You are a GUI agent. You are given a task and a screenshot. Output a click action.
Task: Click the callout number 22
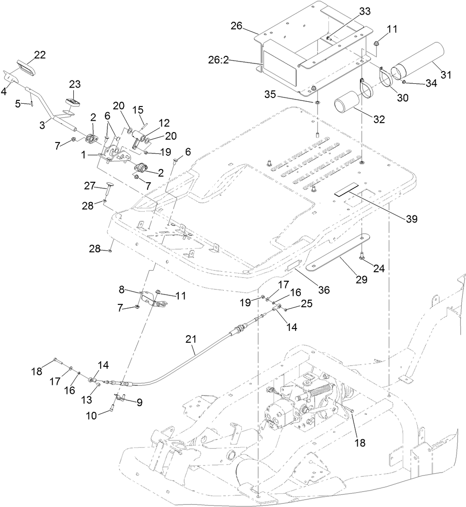pyautogui.click(x=40, y=55)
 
